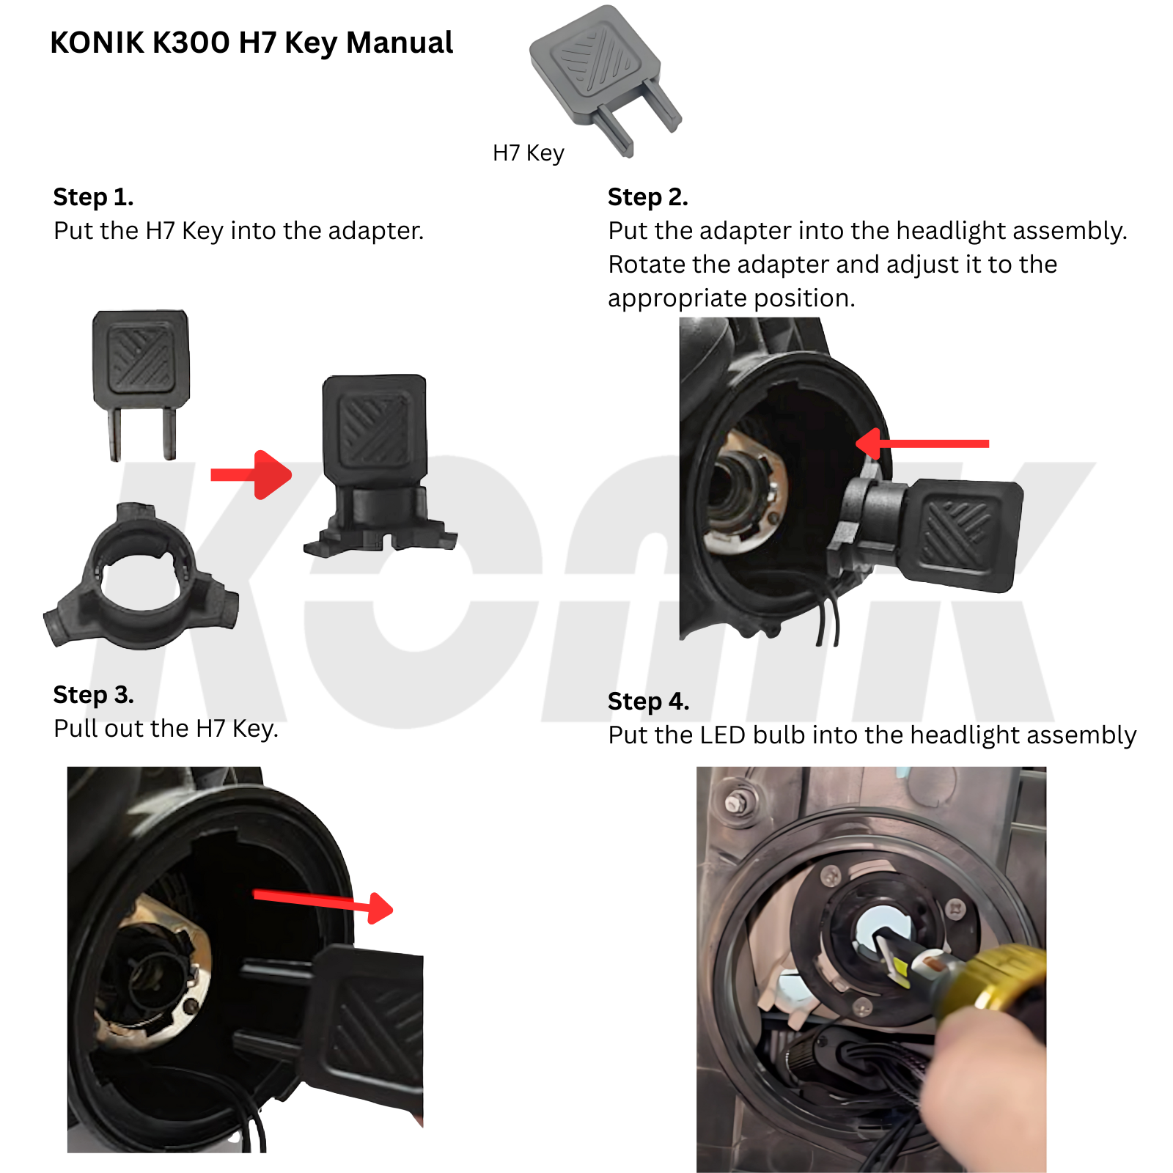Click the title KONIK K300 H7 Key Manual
(251, 43)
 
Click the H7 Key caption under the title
(528, 153)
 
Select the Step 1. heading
(93, 197)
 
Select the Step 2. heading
(648, 197)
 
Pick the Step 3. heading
(93, 694)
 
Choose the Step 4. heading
(648, 702)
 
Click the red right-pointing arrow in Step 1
(251, 475)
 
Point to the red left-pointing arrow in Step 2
(922, 444)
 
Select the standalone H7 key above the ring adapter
(141, 383)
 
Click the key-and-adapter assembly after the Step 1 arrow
(379, 466)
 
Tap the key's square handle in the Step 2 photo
(960, 534)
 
